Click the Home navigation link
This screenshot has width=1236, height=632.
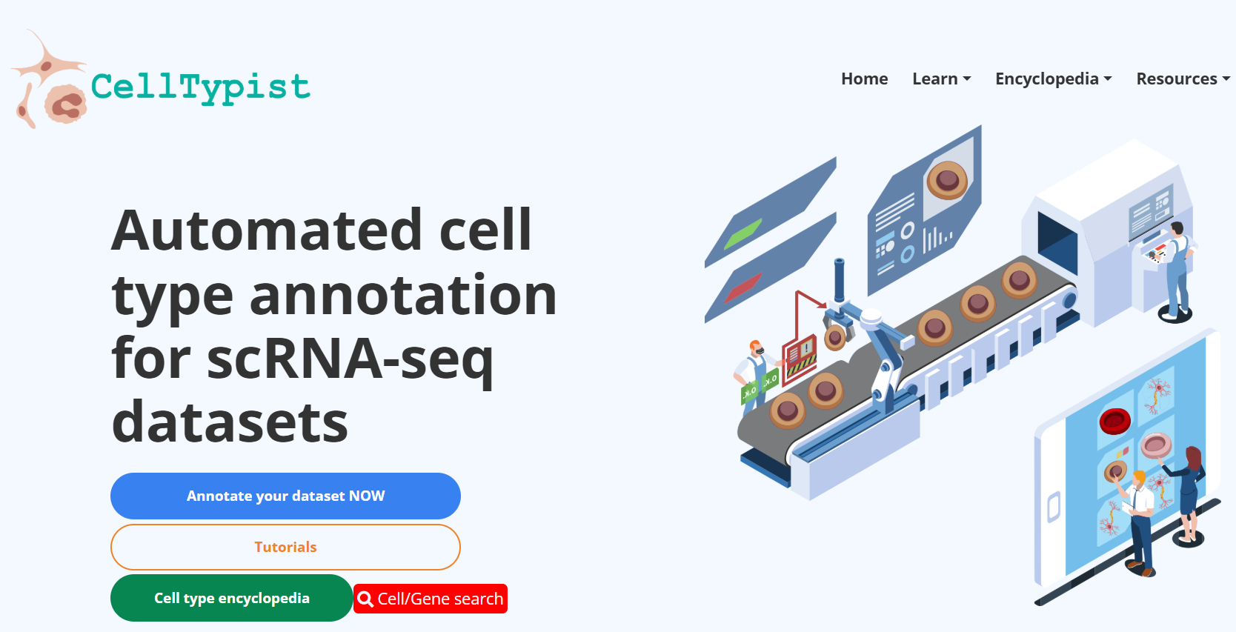click(864, 79)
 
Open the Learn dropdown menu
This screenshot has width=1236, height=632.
click(941, 79)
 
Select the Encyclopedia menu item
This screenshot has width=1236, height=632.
click(1053, 79)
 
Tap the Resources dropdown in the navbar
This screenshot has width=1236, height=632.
click(1183, 79)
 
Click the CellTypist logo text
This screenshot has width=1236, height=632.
click(200, 87)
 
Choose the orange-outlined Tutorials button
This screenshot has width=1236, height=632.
click(285, 547)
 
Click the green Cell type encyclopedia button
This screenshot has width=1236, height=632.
click(231, 598)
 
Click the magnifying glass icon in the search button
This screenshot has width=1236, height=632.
click(365, 599)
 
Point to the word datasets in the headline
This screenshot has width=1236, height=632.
click(230, 422)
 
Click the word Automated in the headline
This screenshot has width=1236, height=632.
click(267, 230)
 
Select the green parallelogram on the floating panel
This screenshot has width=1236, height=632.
click(742, 234)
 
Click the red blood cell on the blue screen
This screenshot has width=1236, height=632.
click(1114, 421)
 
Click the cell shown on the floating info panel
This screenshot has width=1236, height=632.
click(946, 179)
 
